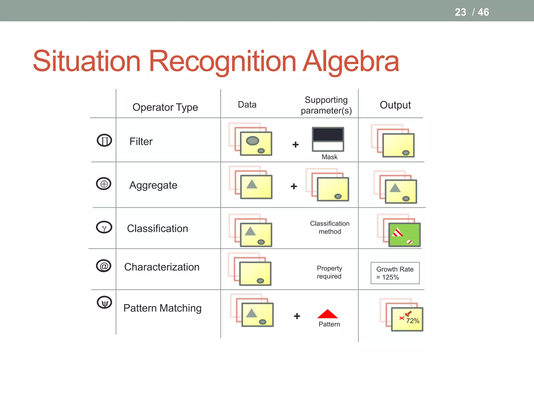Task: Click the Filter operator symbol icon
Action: [x=104, y=140]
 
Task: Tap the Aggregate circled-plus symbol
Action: [x=104, y=184]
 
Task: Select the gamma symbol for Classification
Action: [x=104, y=227]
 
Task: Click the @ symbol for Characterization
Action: [x=104, y=266]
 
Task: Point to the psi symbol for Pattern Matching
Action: [x=104, y=303]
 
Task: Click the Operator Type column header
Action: [x=165, y=107]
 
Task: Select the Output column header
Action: [x=395, y=105]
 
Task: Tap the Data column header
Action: [x=247, y=104]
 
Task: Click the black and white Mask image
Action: [x=328, y=139]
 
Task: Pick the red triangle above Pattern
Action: [x=327, y=314]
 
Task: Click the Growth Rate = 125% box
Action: [x=395, y=273]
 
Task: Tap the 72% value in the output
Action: [x=412, y=321]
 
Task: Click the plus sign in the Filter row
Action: [x=295, y=145]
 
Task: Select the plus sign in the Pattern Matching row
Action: [x=297, y=316]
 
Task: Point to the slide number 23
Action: [x=460, y=12]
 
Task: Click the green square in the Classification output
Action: [x=404, y=235]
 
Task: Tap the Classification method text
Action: [x=330, y=227]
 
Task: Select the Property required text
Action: [x=329, y=272]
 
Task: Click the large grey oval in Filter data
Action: [x=252, y=141]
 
